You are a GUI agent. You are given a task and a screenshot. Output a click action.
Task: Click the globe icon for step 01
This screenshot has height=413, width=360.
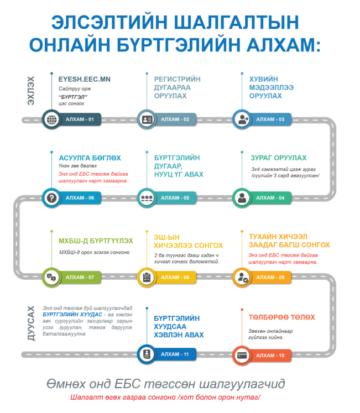[52, 119]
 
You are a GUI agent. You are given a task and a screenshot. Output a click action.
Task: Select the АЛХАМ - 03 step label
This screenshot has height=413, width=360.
[270, 119]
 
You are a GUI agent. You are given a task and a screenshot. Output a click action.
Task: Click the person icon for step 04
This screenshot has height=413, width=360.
[242, 197]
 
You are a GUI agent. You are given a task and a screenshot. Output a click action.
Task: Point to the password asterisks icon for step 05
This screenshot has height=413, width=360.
[147, 197]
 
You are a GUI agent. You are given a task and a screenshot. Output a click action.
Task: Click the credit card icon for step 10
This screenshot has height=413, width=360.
[242, 355]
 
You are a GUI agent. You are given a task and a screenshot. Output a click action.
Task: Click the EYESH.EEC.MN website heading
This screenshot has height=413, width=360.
[85, 79]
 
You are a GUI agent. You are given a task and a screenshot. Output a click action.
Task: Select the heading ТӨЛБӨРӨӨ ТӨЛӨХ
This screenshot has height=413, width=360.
[281, 317]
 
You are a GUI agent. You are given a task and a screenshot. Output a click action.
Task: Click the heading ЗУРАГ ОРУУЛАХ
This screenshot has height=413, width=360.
[278, 158]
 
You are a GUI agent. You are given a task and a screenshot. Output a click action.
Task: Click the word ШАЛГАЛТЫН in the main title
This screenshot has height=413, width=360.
[228, 22]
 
